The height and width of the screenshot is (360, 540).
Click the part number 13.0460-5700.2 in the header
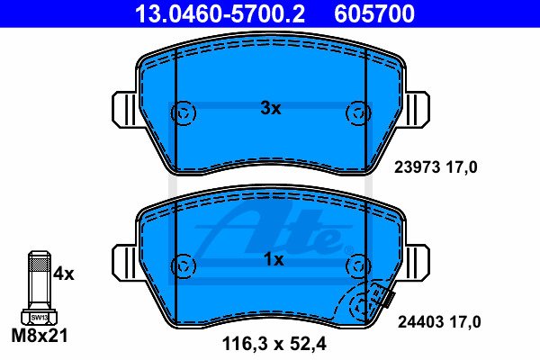point(220,13)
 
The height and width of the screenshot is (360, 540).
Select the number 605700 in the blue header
point(374,13)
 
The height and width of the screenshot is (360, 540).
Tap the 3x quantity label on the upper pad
point(271,109)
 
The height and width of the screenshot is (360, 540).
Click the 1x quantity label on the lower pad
point(274,259)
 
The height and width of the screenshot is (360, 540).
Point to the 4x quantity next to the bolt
point(64,274)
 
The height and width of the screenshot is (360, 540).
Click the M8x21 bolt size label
point(40,335)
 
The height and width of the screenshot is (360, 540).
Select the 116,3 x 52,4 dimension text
point(274,344)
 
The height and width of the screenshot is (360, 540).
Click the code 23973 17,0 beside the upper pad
point(436,167)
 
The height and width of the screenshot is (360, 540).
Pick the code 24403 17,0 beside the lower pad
point(439,322)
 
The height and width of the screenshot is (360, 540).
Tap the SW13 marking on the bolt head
point(40,318)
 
